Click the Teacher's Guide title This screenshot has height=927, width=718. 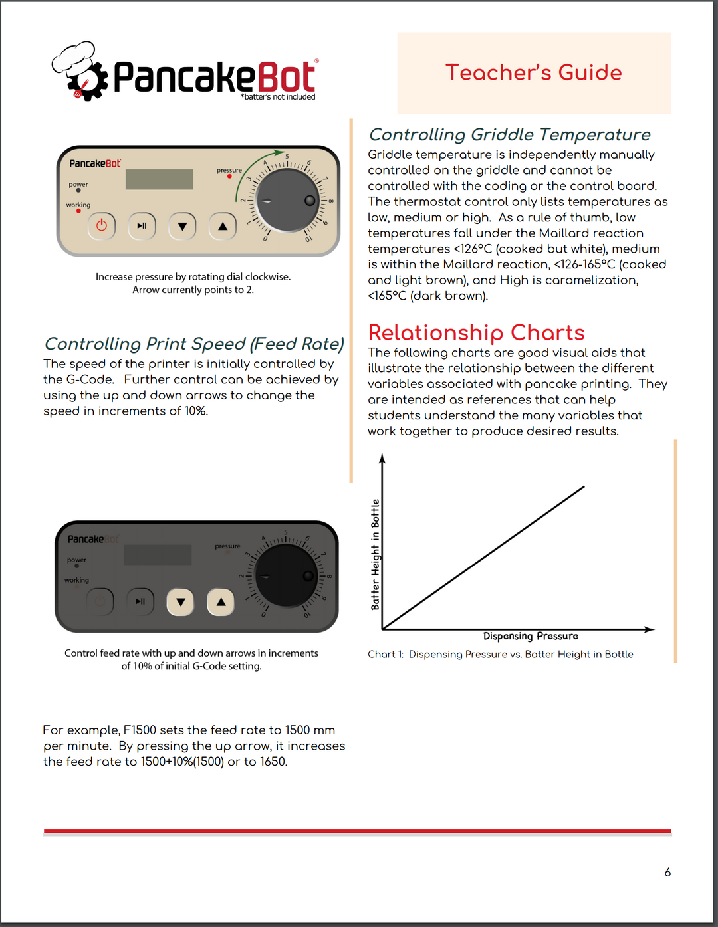[534, 72]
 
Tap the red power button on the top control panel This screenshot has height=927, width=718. [102, 226]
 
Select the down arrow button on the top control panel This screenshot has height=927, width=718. [182, 226]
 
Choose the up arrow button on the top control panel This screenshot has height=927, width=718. [223, 226]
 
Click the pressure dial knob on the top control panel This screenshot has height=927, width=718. [287, 200]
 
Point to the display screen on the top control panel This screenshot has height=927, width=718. [160, 179]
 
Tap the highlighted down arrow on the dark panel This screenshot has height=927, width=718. [180, 602]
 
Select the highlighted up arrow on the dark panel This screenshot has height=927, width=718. [221, 602]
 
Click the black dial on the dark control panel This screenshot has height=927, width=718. [286, 575]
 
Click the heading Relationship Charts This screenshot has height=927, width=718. [476, 332]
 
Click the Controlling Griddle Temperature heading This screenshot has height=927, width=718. [509, 135]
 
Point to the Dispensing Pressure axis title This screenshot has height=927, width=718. [531, 636]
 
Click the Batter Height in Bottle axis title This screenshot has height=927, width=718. [376, 554]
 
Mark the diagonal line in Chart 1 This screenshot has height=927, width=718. [483, 558]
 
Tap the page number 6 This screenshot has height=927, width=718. [667, 873]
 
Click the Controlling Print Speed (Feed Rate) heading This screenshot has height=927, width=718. [194, 344]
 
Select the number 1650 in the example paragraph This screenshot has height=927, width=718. [273, 762]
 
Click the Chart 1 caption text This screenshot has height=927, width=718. [500, 655]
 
